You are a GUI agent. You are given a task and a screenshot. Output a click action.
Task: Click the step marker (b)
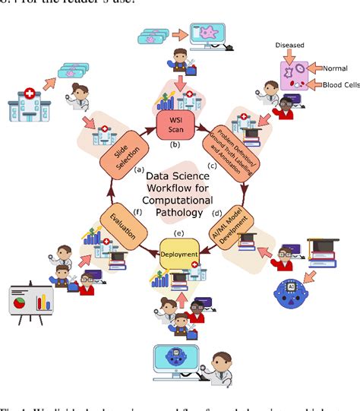[x=175, y=144]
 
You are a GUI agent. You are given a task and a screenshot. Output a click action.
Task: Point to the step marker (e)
[x=179, y=233]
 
